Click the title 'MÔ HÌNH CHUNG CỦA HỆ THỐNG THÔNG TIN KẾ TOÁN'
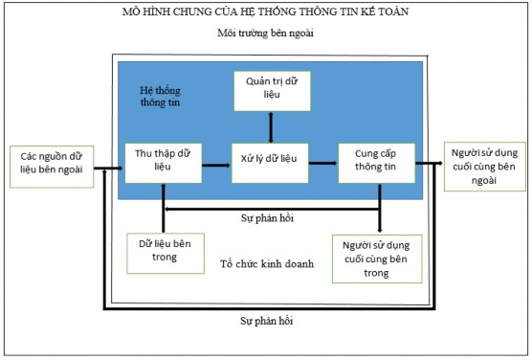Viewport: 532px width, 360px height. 266,11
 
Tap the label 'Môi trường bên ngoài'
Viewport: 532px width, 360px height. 267,34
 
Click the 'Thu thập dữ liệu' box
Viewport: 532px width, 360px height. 162,164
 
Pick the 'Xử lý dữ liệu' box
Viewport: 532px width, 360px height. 269,164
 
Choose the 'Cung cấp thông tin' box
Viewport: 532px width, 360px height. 376,164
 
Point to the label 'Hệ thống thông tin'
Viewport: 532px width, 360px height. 160,97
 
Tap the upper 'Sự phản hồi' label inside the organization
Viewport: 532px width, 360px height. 267,218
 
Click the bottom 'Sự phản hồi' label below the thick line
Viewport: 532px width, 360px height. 267,324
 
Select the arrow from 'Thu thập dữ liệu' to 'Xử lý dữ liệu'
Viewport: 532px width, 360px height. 215,165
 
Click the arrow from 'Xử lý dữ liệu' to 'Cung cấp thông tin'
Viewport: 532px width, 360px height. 322,165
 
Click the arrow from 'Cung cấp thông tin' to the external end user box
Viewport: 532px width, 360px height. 429,165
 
